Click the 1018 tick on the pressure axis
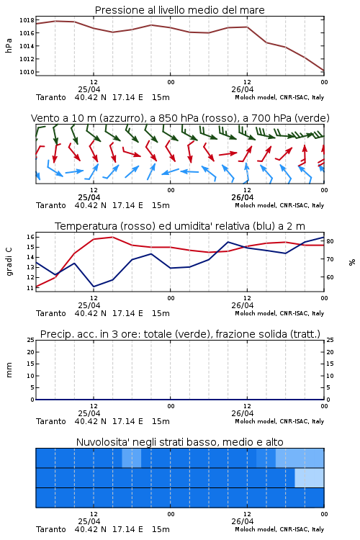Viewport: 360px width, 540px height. click(27, 20)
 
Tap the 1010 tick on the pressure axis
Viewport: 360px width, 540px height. click(27, 72)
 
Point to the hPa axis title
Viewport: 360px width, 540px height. click(9, 46)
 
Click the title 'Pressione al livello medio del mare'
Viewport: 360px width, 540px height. click(180, 10)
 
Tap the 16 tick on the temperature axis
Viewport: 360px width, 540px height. click(30, 237)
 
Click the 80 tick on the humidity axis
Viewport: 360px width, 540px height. click(330, 241)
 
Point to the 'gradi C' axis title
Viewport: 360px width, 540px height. click(9, 261)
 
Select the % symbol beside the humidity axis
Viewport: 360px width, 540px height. click(352, 262)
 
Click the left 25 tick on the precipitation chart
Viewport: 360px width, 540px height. click(31, 340)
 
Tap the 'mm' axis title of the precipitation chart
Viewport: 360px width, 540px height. click(9, 370)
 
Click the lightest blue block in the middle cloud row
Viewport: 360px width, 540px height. click(310, 477)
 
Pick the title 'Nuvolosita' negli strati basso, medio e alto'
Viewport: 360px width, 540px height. click(180, 442)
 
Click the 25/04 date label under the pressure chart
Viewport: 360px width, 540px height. click(89, 89)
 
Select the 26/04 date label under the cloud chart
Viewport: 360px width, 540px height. click(243, 521)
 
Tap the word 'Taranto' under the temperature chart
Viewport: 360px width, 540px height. click(51, 313)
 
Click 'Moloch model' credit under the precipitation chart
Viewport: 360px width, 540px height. click(256, 421)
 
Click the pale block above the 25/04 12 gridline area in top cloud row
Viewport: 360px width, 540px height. click(132, 458)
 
